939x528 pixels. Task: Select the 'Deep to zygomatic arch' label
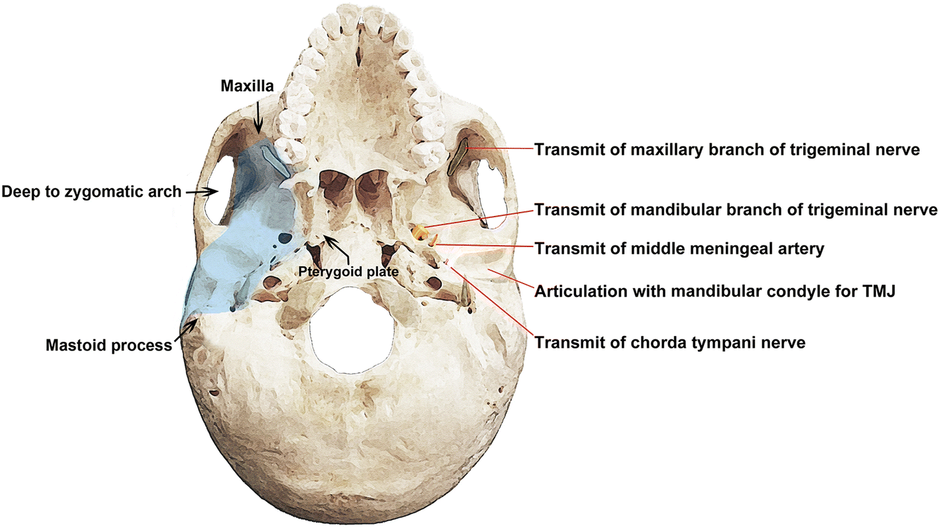point(91,192)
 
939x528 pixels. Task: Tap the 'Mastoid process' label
point(109,345)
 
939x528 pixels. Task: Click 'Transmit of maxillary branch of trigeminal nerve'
point(727,150)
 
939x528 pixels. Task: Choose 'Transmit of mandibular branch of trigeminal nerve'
point(736,210)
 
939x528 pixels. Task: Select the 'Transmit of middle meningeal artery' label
point(679,249)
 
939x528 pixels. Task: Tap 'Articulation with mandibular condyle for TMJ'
point(715,291)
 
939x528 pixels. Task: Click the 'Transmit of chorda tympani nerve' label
point(670,343)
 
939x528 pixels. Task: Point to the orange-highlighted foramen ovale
point(419,232)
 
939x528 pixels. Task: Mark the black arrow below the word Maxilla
point(259,123)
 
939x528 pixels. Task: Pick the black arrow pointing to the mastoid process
point(186,331)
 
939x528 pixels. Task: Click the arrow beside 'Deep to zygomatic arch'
point(203,192)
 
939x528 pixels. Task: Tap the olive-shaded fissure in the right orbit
point(458,158)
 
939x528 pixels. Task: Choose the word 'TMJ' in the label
point(880,291)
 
